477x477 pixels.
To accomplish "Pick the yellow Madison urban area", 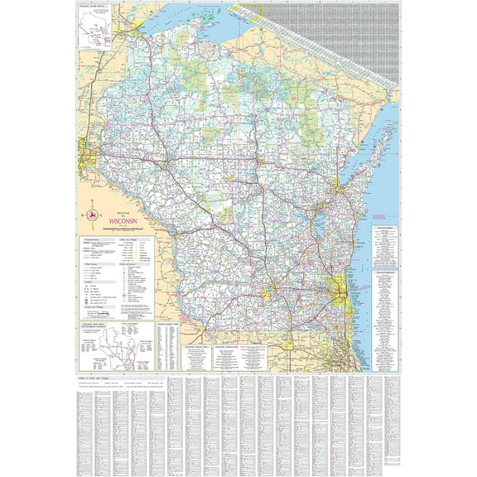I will coord(271,292).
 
